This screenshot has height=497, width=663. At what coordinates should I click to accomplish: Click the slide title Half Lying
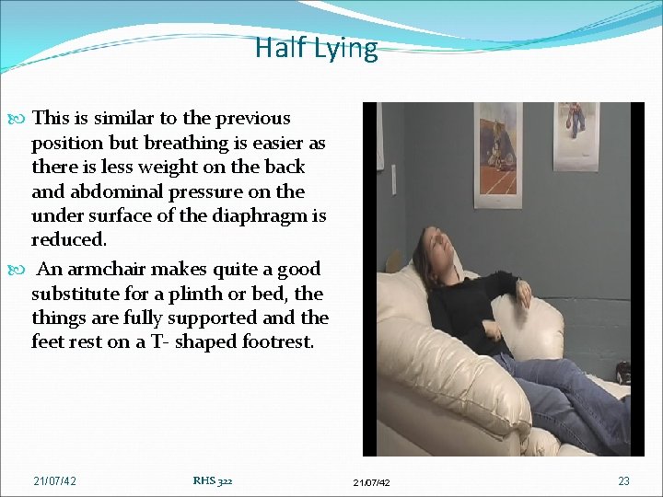coord(316,48)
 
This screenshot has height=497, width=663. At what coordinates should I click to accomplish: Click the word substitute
coord(72,295)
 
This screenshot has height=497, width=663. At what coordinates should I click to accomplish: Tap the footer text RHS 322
coord(214,480)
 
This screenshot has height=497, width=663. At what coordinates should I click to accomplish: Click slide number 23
coord(623,480)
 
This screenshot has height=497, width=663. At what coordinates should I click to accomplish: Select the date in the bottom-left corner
coord(55,480)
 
